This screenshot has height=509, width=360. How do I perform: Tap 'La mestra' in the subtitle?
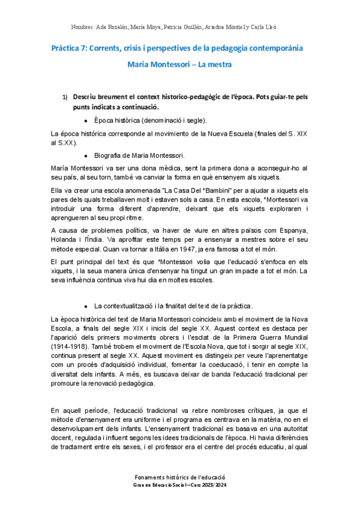pos(214,64)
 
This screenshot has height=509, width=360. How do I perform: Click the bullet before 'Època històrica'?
pos(88,120)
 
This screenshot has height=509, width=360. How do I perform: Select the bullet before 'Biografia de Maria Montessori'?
pos(88,154)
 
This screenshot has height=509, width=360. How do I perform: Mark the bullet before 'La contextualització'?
pos(88,306)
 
